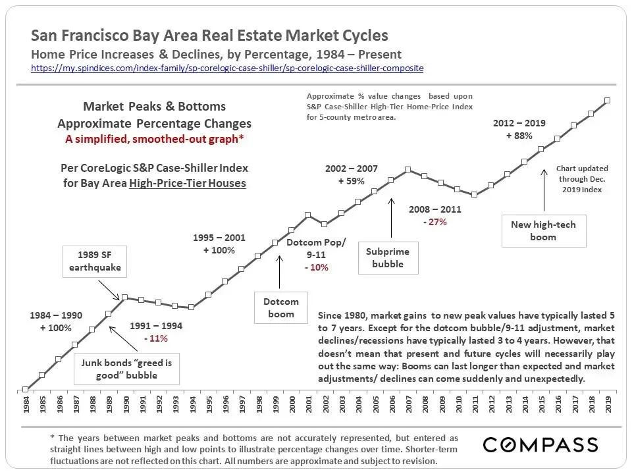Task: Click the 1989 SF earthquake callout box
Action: tap(95, 261)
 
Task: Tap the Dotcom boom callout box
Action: tap(281, 307)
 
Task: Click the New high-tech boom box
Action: tap(543, 230)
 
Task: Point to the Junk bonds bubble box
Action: tap(120, 369)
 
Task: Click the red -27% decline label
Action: tap(434, 222)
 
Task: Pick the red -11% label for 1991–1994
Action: tap(156, 338)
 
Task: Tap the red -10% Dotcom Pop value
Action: tap(316, 267)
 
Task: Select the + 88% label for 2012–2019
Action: tap(519, 136)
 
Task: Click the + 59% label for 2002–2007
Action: tap(352, 181)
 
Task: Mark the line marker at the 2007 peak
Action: tap(408, 169)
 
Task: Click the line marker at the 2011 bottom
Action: tap(474, 194)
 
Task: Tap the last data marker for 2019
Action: tap(607, 100)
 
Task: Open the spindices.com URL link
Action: tap(227, 68)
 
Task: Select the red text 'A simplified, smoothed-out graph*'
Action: tap(154, 138)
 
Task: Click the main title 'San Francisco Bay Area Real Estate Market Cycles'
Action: tap(209, 36)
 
